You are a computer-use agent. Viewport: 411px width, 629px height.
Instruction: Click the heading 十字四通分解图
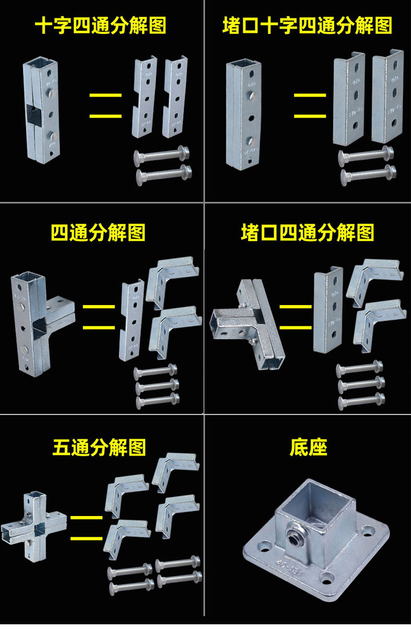coord(100,26)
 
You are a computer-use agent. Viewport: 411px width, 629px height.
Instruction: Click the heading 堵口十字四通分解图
coord(307,26)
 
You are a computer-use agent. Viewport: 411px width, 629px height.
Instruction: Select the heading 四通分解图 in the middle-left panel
coord(98,232)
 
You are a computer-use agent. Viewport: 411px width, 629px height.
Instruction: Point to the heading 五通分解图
coord(99,447)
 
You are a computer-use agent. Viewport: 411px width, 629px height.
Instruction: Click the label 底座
coord(309,447)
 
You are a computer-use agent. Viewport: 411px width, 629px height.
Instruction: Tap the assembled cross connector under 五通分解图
coord(35,523)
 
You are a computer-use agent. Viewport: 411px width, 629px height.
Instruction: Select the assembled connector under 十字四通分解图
coord(41,109)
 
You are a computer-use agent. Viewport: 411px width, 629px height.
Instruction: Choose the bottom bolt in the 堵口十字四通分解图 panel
coord(366,174)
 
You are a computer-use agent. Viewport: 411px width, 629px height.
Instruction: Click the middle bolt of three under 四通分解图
coord(156,386)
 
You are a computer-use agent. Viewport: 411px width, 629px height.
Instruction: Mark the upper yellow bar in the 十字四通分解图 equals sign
coord(106,95)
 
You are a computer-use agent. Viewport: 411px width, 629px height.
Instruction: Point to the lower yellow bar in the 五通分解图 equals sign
coord(86,537)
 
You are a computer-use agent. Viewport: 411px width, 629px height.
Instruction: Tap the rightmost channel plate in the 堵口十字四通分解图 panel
coord(388,96)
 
